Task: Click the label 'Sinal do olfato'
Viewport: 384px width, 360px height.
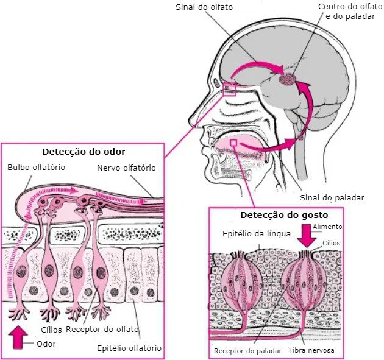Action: (204, 7)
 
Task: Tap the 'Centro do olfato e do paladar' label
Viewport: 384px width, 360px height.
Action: (350, 12)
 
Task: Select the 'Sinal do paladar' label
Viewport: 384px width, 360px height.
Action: (332, 197)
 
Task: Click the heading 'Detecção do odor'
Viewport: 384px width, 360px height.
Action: (84, 152)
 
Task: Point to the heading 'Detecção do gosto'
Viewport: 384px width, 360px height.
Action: (284, 215)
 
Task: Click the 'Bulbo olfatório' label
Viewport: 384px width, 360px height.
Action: (36, 168)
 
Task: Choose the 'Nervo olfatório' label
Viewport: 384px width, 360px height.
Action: (126, 168)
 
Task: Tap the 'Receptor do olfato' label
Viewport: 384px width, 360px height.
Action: (102, 330)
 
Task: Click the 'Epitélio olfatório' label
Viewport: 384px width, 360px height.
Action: (129, 348)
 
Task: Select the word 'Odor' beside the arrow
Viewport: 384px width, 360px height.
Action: (46, 344)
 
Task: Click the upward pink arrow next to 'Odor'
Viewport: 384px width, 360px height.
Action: (18, 337)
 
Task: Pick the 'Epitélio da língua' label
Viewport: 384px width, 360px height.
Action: (257, 234)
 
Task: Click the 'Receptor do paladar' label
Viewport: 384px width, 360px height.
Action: (248, 351)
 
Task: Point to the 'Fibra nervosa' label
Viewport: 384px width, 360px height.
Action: (311, 350)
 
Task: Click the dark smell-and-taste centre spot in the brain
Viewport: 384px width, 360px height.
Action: (287, 79)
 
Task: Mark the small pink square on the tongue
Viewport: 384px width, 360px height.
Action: (234, 143)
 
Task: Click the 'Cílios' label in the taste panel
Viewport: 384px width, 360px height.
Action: (332, 243)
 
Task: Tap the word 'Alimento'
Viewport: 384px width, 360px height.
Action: (327, 227)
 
